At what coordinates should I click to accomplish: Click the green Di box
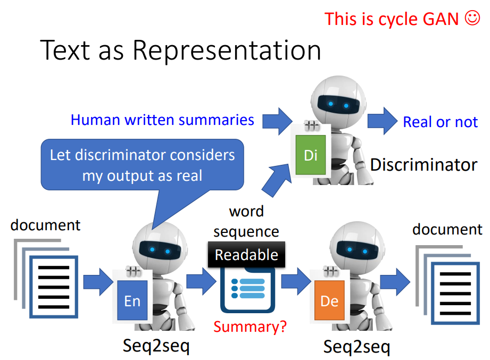(x=310, y=155)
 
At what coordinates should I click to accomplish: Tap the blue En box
(x=132, y=301)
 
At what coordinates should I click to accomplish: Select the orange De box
(x=329, y=301)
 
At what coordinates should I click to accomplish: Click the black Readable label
(x=246, y=255)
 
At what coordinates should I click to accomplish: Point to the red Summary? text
(x=250, y=326)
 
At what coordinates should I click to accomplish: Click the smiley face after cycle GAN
(x=472, y=18)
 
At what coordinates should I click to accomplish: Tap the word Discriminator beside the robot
(x=423, y=164)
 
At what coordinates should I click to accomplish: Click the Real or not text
(x=440, y=122)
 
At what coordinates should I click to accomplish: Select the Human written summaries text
(x=162, y=120)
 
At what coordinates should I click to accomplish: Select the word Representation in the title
(x=227, y=51)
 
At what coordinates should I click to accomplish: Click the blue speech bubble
(x=142, y=165)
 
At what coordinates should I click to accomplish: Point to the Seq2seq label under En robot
(x=156, y=346)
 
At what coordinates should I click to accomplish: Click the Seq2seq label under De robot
(x=356, y=347)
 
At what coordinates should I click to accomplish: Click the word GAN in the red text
(x=441, y=19)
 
